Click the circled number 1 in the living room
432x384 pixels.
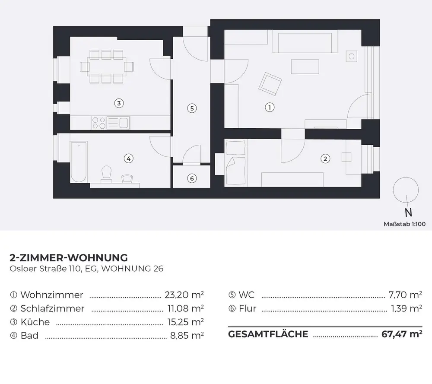point(269,107)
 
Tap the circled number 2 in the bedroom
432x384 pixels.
point(325,159)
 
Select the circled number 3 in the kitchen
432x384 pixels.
point(119,103)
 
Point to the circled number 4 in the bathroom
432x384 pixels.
point(128,159)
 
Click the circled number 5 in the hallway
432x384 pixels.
point(192,108)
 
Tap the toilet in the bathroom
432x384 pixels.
point(106,175)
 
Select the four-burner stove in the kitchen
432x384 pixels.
point(99,123)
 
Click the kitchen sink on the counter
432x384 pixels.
point(118,123)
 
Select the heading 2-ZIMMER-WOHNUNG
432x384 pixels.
point(69,258)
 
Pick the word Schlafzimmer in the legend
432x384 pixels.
point(52,309)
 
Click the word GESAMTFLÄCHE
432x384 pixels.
point(268,334)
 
